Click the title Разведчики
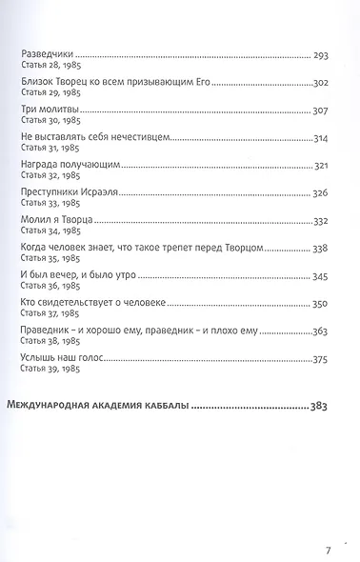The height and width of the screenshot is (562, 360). click(47, 56)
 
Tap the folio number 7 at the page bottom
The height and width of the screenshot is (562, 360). click(327, 523)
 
